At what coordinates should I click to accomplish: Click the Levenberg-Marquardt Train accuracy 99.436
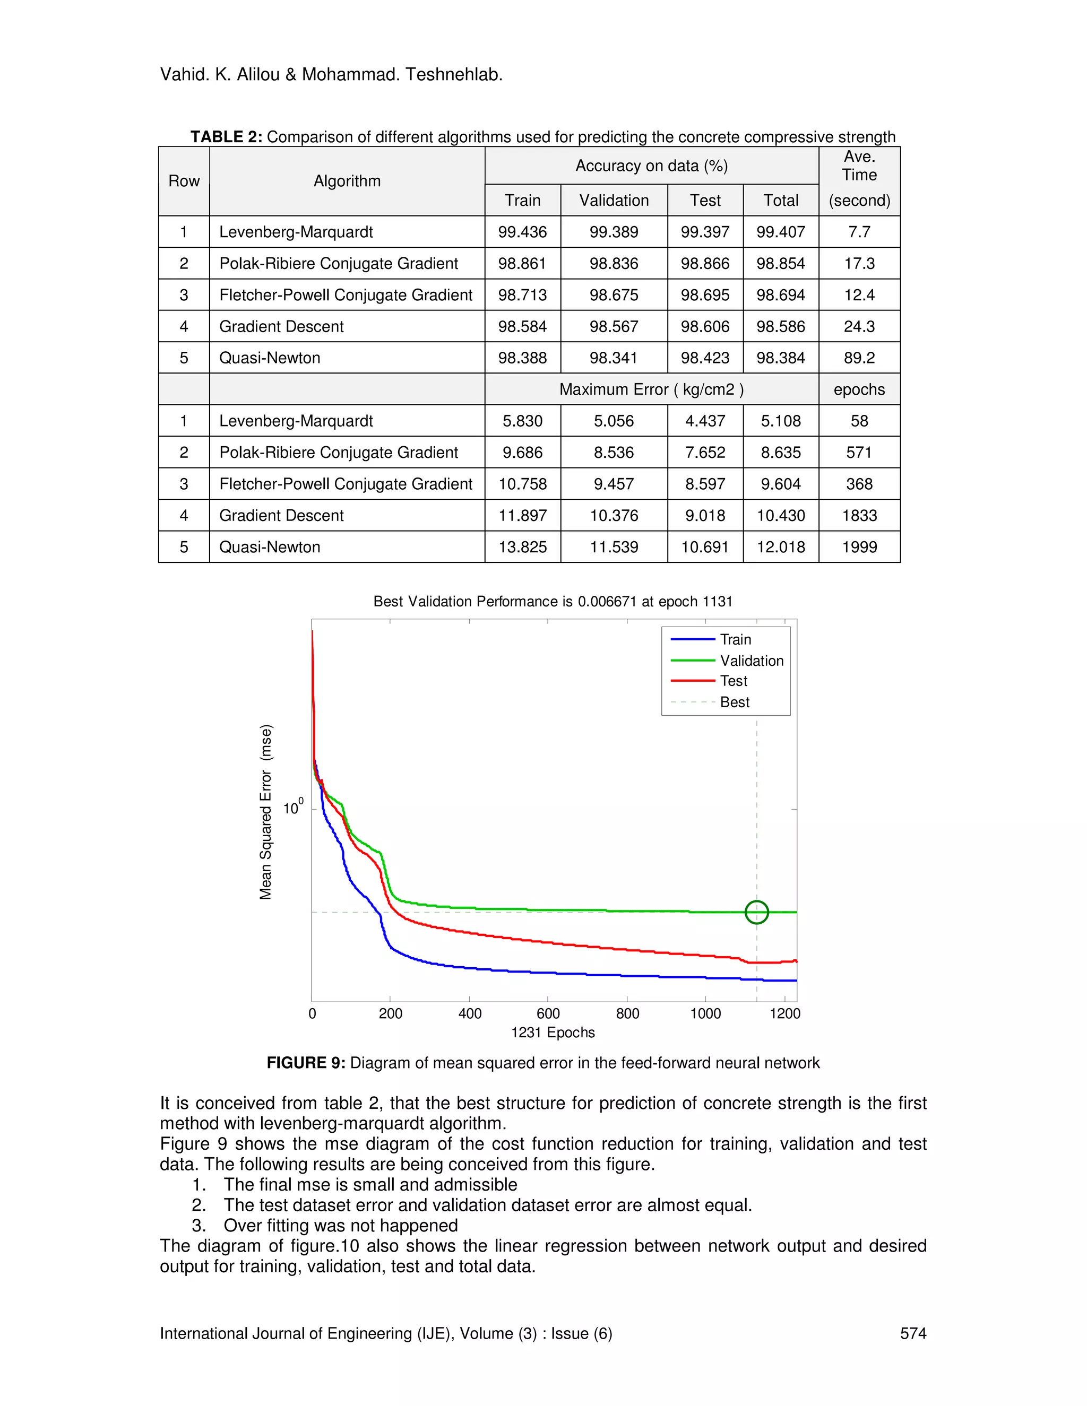(x=522, y=232)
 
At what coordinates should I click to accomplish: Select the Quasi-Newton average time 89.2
(x=859, y=358)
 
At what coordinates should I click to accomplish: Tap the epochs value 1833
(x=859, y=516)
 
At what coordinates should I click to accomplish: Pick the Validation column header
(x=614, y=200)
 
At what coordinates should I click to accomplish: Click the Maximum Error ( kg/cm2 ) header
(x=651, y=389)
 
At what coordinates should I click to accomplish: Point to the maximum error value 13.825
(x=522, y=547)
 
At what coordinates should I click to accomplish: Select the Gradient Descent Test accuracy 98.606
(x=705, y=326)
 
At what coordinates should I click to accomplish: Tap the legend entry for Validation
(x=752, y=661)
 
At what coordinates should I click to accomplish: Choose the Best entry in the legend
(x=734, y=702)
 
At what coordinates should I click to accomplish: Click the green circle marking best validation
(x=757, y=912)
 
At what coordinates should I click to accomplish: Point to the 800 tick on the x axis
(x=627, y=1014)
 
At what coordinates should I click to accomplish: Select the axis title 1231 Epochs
(x=553, y=1032)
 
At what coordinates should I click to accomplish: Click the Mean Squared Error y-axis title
(x=266, y=812)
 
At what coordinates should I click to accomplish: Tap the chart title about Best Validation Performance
(x=553, y=601)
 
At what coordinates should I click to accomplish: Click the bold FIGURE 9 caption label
(x=306, y=1063)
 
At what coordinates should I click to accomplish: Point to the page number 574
(x=912, y=1333)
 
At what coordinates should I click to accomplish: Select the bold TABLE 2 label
(x=226, y=137)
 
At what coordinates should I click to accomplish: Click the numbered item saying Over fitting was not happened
(x=341, y=1226)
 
